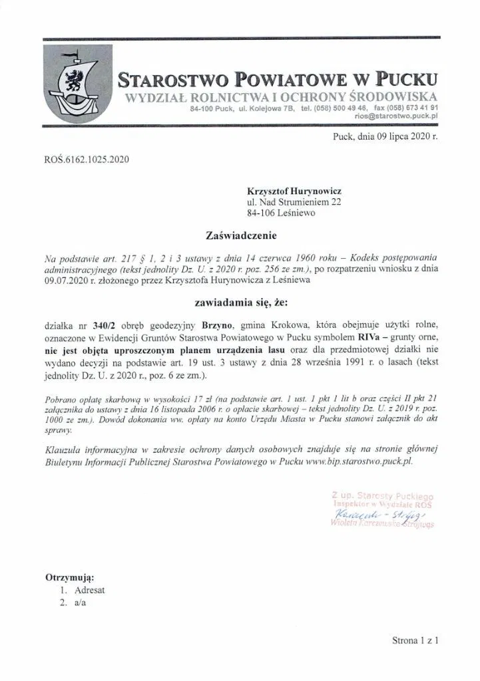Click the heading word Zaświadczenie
click(240, 235)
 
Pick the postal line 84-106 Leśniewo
click(282, 213)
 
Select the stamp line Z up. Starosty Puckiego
click(382, 495)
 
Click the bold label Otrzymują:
click(69, 577)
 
